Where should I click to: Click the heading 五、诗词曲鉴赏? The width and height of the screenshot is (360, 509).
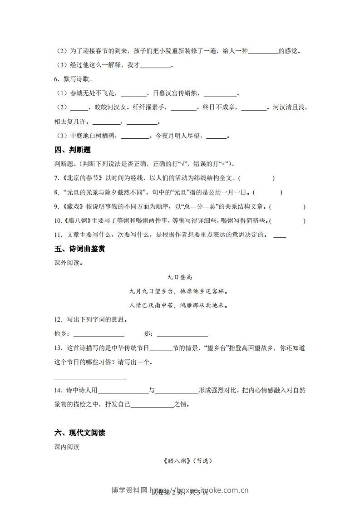click(x=79, y=249)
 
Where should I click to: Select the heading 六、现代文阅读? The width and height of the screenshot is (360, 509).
click(x=79, y=433)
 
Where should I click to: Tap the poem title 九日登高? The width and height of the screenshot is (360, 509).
click(x=180, y=277)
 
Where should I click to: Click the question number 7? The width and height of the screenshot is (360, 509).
click(x=56, y=178)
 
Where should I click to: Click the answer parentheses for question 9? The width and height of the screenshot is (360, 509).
click(x=287, y=207)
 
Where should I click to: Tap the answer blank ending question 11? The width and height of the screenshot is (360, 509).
click(x=280, y=235)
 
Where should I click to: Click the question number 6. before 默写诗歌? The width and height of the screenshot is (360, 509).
click(x=56, y=79)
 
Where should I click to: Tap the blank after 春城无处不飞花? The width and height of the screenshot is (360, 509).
click(x=134, y=94)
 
